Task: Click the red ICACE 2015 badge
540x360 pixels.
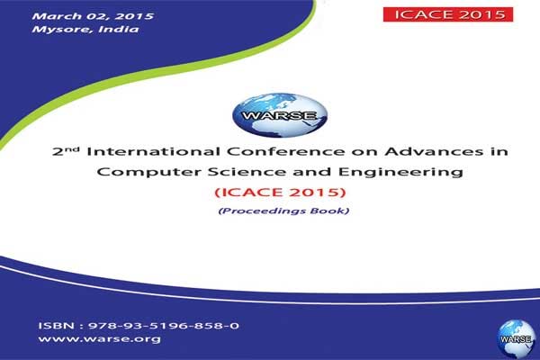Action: tap(448, 14)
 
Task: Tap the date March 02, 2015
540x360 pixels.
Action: tap(93, 16)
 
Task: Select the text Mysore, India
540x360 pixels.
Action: tap(85, 29)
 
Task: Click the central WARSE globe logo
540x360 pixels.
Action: tap(280, 115)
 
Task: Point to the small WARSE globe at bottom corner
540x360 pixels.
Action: tap(516, 339)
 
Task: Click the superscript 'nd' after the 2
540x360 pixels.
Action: tap(72, 149)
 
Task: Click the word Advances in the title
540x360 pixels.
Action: tap(434, 151)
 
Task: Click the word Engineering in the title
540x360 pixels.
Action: tap(400, 172)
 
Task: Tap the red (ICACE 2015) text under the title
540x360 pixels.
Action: tap(280, 192)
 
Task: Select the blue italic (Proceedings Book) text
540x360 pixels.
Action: tap(283, 211)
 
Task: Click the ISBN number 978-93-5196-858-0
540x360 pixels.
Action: tap(164, 326)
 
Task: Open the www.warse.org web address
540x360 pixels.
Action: tap(99, 339)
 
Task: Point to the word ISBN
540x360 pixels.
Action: tap(56, 326)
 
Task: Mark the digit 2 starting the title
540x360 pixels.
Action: tap(58, 152)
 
